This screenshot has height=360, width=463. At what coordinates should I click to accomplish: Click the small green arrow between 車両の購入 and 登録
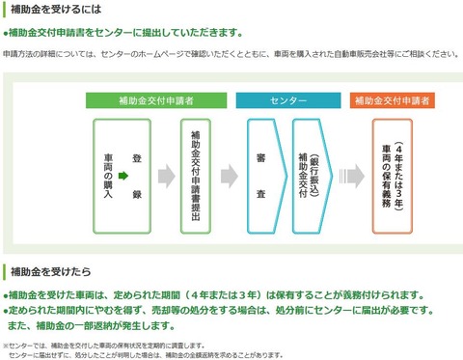coord(123,176)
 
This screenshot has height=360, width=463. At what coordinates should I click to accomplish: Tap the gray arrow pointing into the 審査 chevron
coord(229,176)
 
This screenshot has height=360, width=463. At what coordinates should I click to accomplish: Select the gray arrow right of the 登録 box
coord(166,176)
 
